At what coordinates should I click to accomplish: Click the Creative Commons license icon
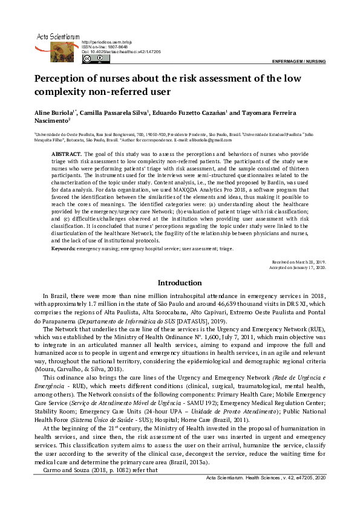(87, 59)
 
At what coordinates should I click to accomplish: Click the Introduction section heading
(180, 283)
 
